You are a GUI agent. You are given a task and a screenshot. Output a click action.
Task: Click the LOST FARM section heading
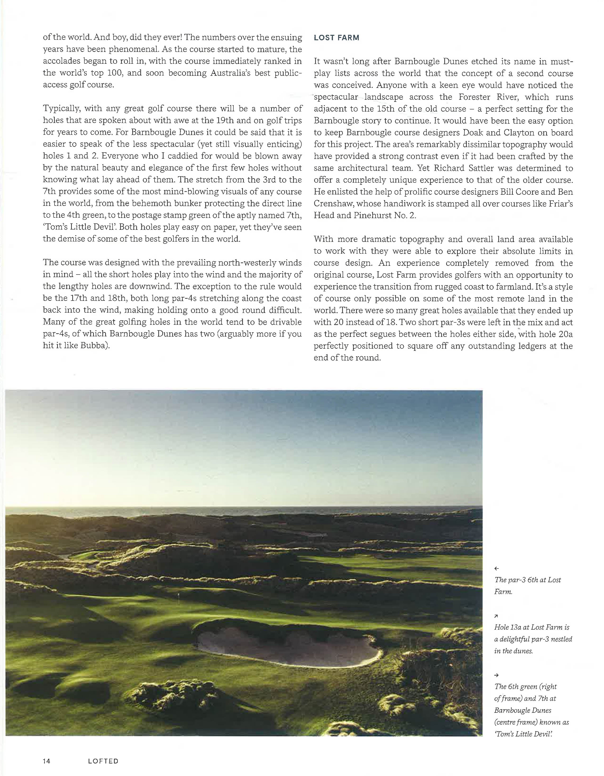336,38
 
